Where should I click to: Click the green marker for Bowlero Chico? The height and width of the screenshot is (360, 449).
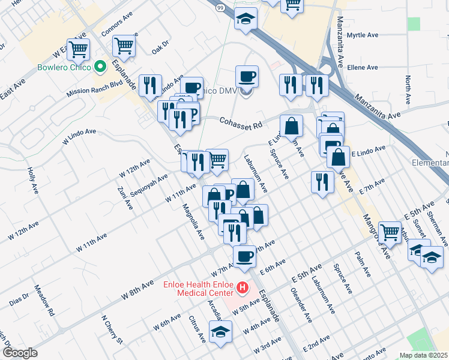100,67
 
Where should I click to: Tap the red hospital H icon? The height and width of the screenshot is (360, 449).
243,289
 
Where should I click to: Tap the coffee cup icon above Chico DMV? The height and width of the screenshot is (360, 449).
247,76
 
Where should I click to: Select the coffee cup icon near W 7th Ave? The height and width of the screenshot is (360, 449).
244,257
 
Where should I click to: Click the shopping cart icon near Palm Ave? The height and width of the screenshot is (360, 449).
390,231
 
